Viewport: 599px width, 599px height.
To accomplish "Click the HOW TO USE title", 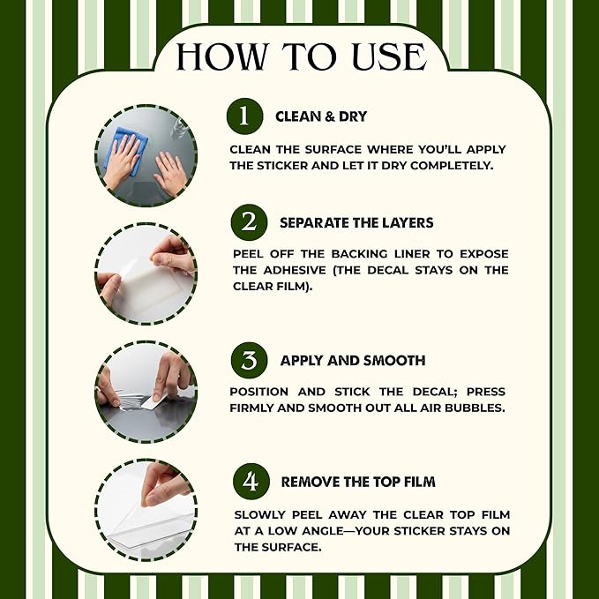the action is pyautogui.click(x=301, y=56).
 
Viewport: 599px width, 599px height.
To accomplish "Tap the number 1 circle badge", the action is pyautogui.click(x=244, y=116).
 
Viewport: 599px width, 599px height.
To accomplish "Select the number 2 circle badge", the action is pyautogui.click(x=249, y=222).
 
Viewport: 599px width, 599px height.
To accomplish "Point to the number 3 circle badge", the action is pyautogui.click(x=249, y=360).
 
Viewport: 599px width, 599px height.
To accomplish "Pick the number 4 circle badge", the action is pyautogui.click(x=251, y=482).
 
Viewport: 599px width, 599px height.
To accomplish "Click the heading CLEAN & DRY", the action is pyautogui.click(x=321, y=116).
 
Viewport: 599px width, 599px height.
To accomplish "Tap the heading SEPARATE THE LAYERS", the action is pyautogui.click(x=356, y=222).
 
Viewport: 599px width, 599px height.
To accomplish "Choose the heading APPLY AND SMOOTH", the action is pyautogui.click(x=353, y=361).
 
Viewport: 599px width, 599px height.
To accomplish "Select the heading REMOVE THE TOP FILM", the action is pyautogui.click(x=358, y=482).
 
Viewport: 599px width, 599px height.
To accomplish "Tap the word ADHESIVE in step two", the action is pyautogui.click(x=295, y=271).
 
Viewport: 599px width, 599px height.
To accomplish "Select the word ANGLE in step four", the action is pyautogui.click(x=323, y=531).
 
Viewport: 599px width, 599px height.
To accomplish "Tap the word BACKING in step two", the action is pyautogui.click(x=359, y=254).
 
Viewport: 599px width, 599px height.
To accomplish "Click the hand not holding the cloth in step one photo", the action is pyautogui.click(x=171, y=173).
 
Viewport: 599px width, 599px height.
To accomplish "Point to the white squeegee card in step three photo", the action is pyautogui.click(x=153, y=402).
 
